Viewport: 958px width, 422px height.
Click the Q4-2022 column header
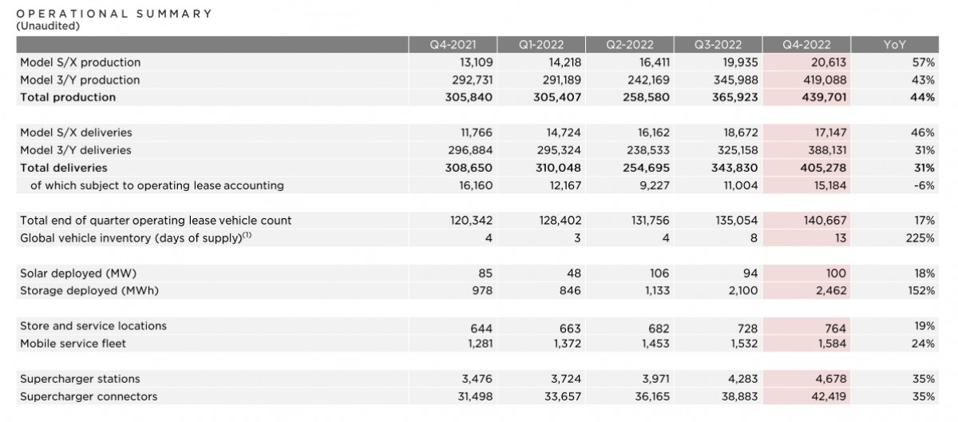click(x=807, y=45)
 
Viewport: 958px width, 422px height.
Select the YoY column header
click(x=894, y=45)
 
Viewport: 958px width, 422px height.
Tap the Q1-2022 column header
click(x=541, y=45)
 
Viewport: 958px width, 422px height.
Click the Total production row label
click(x=68, y=98)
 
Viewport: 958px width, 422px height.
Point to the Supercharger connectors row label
click(x=89, y=396)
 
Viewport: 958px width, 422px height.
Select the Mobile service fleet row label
click(x=73, y=344)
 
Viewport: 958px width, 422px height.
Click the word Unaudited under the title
click(x=48, y=26)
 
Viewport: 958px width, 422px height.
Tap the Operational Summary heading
click(x=114, y=14)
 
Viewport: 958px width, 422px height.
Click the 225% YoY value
click(x=920, y=238)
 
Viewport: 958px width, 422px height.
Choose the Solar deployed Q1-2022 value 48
click(x=573, y=273)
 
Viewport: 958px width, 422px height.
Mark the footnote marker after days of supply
click(x=247, y=235)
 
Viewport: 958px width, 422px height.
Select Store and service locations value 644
click(x=479, y=326)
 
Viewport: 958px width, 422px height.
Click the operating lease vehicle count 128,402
click(x=559, y=221)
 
